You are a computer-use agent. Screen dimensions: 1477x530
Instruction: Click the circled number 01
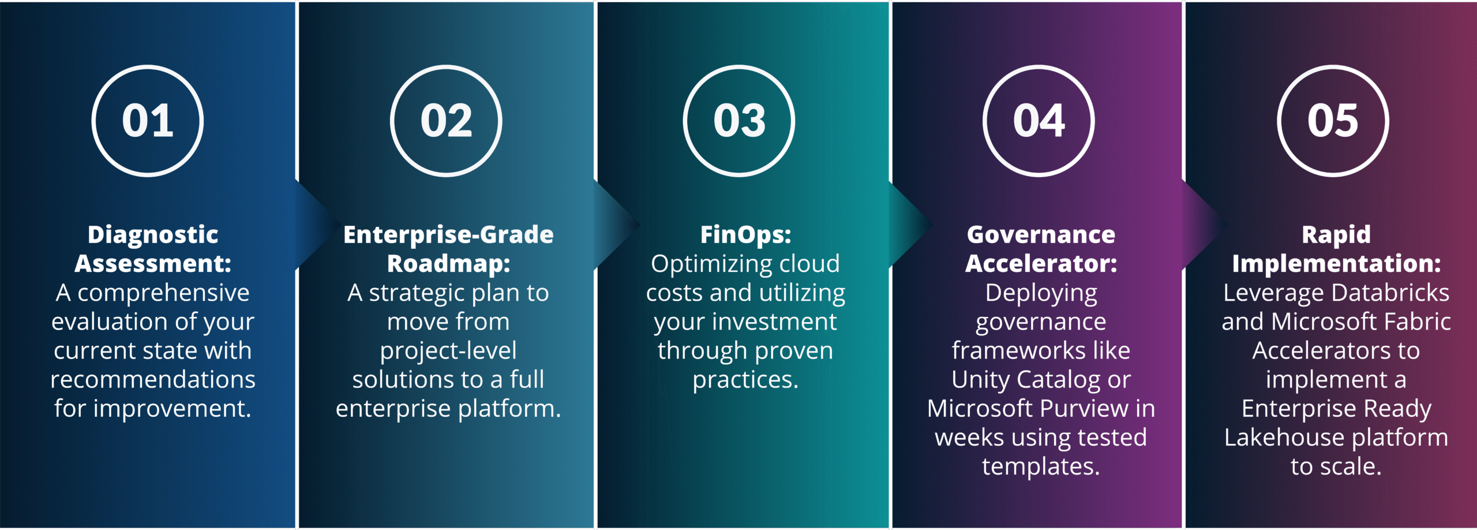148,121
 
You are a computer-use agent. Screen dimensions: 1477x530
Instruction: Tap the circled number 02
446,121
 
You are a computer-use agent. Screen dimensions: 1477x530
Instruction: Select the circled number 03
739,121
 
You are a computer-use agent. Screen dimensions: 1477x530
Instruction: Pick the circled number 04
1039,121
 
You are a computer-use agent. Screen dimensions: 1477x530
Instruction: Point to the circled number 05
1333,121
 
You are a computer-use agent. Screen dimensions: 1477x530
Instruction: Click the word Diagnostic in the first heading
153,235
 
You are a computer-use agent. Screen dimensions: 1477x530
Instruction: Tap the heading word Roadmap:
449,264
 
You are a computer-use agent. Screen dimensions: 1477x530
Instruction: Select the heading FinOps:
745,235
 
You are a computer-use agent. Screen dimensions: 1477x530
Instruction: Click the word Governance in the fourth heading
1041,234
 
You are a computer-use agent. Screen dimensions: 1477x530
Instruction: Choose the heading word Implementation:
1336,264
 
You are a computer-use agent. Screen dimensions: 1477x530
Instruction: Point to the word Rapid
1336,235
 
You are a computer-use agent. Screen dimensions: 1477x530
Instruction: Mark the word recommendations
153,379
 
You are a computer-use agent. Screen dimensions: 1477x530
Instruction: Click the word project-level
448,351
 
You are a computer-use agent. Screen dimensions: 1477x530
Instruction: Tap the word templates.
1041,466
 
